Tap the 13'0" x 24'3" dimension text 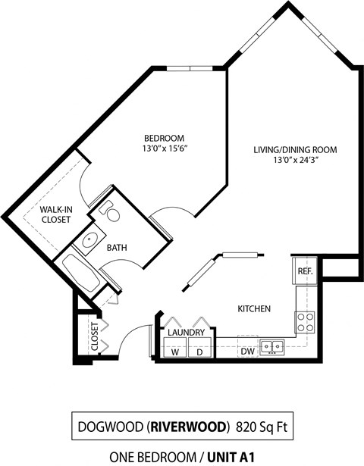[x=295, y=160]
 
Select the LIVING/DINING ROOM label [x=295, y=149]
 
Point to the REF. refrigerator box [x=305, y=271]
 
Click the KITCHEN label [x=255, y=309]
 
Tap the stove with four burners [x=305, y=322]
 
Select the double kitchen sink [x=271, y=347]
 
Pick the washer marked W [x=175, y=352]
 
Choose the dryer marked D [x=200, y=352]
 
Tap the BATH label [x=116, y=247]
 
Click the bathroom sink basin [x=89, y=242]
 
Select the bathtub [x=82, y=274]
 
